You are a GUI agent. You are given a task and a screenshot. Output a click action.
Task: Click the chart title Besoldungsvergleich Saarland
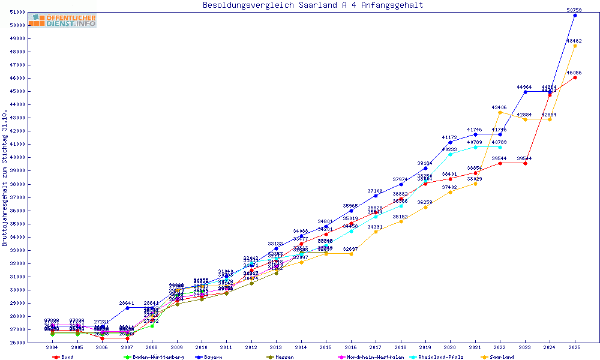tap(313, 5)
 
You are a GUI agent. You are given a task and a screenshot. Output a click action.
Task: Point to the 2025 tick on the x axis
tap(575, 347)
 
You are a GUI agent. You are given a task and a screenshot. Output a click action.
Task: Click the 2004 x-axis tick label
tap(52, 347)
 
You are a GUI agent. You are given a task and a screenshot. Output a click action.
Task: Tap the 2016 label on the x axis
tap(351, 347)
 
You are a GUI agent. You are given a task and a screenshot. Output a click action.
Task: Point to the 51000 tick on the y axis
tap(17, 12)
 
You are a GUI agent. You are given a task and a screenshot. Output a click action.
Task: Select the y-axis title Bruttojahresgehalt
tap(5, 178)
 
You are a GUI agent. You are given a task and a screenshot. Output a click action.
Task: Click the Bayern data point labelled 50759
tap(575, 15)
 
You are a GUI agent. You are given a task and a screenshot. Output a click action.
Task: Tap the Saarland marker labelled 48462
tap(575, 46)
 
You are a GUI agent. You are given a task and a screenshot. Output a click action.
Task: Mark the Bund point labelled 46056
tap(575, 77)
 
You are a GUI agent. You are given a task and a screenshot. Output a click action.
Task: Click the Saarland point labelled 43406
tap(500, 112)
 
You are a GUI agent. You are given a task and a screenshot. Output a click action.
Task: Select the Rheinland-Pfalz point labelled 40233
tap(450, 154)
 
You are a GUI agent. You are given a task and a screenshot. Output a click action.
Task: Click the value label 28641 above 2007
tap(127, 303)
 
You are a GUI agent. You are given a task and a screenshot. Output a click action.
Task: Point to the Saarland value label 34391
tap(376, 227)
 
